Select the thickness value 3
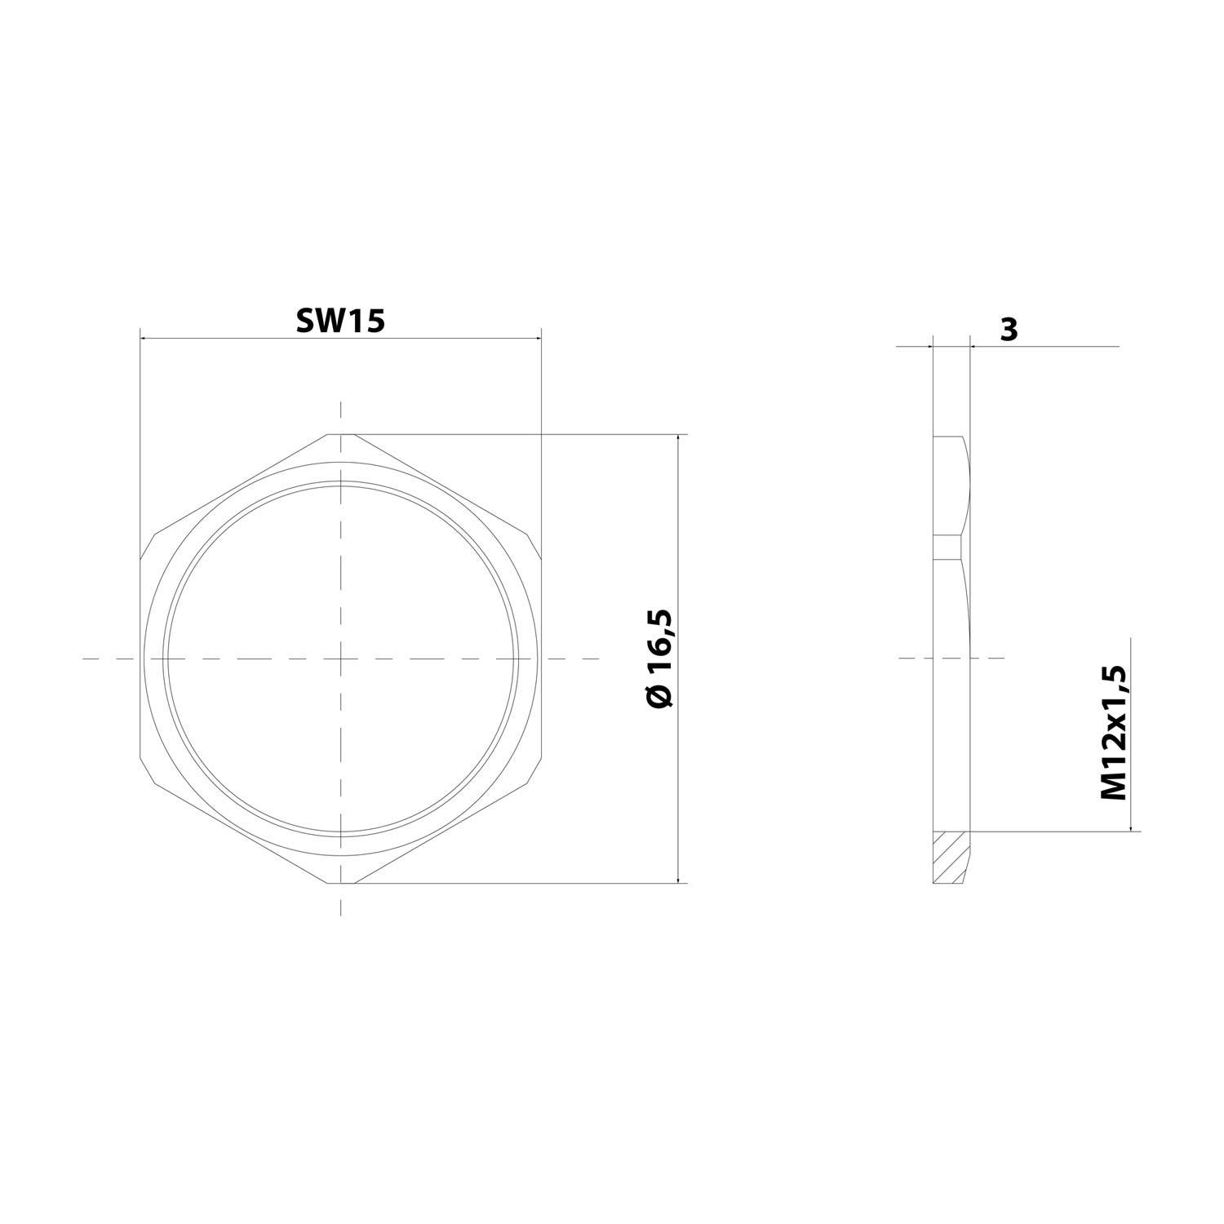tap(1009, 330)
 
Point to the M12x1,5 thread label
tap(1114, 733)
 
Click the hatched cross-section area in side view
tap(951, 857)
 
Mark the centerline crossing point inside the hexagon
tap(341, 658)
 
